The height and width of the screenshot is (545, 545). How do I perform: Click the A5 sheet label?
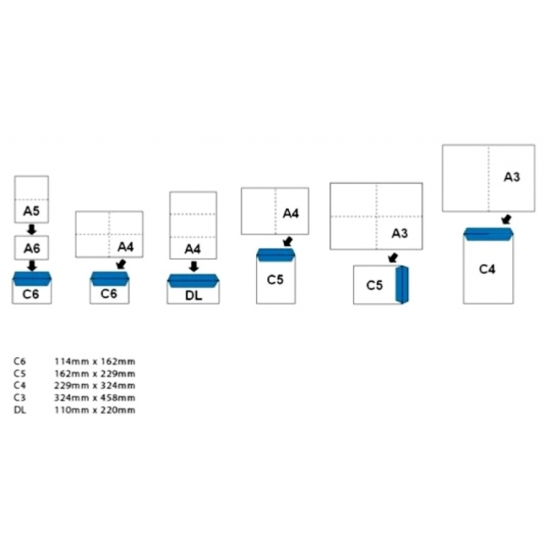[31, 211]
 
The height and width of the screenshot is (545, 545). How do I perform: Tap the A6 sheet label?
[31, 248]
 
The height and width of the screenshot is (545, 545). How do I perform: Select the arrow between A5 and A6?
[31, 230]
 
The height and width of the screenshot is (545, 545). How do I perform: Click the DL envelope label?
[193, 296]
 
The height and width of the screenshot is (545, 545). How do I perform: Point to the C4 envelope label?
[487, 269]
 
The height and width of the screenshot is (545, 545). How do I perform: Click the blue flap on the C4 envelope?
[488, 234]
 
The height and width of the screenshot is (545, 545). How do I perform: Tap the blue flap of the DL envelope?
[193, 281]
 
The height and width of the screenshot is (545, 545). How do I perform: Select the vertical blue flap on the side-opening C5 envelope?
[402, 285]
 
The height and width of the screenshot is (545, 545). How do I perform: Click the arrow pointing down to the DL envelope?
[193, 266]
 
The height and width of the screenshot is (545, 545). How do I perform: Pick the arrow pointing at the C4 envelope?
[507, 219]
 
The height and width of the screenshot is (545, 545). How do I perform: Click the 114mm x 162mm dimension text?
[95, 362]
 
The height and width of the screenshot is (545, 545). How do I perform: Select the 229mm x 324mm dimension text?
[95, 386]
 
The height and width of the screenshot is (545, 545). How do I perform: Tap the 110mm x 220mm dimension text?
[95, 410]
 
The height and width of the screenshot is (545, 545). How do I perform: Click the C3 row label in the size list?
[20, 398]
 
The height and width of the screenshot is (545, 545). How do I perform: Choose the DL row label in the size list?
[20, 410]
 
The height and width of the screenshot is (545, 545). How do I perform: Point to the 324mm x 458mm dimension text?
[95, 398]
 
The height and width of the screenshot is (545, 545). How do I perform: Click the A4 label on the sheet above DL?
[193, 249]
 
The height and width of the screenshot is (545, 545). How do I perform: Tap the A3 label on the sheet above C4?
[512, 177]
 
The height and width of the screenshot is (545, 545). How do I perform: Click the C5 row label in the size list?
[20, 373]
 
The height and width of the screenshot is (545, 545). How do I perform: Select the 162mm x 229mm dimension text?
[95, 373]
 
